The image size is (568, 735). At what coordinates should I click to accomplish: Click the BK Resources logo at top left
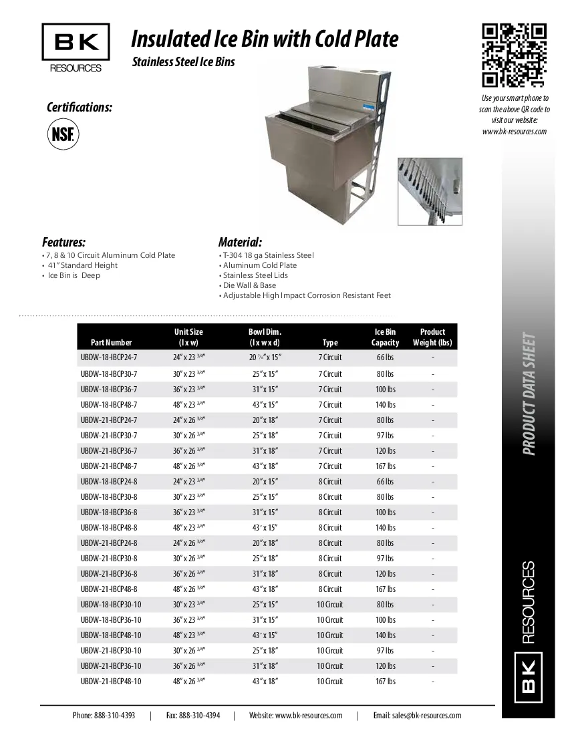point(76,48)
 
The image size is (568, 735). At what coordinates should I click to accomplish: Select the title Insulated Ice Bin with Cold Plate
point(265,39)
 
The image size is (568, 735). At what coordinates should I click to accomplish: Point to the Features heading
point(63,242)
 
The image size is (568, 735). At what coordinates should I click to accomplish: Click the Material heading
point(240,242)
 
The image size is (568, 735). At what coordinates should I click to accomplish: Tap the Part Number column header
point(106,343)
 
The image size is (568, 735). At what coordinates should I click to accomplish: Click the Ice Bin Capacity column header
point(385,337)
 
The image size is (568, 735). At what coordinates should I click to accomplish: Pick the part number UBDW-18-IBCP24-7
point(109,358)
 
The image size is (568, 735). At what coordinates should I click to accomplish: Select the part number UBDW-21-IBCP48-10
point(111,682)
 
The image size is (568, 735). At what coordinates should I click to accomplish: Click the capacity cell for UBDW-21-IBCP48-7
point(386,466)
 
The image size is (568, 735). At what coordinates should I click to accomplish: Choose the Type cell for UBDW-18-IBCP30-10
point(329,605)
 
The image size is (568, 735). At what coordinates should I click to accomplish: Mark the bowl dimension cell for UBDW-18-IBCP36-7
point(265,390)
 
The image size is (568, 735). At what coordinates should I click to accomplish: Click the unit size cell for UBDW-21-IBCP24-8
point(189,543)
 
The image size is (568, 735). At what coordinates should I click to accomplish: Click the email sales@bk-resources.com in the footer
point(417,715)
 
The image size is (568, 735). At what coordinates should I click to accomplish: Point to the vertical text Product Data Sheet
point(529,394)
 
